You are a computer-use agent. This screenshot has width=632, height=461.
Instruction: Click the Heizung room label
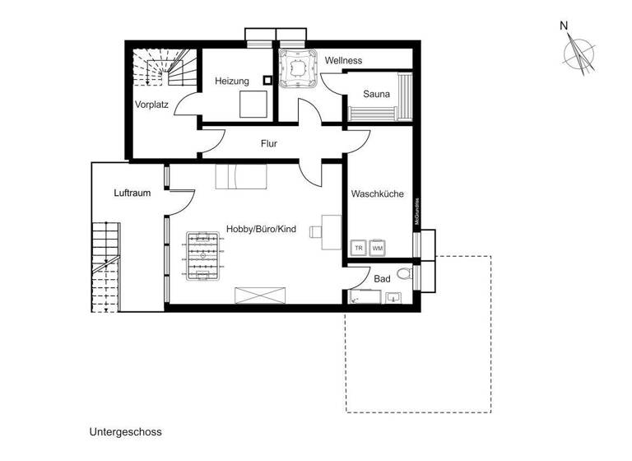tap(231, 81)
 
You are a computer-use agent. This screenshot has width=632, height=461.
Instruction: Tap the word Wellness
tap(343, 61)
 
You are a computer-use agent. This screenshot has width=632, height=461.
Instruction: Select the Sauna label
tap(376, 94)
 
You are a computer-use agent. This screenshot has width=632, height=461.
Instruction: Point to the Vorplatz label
tap(152, 105)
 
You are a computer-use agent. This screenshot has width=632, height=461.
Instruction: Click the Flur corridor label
tap(268, 143)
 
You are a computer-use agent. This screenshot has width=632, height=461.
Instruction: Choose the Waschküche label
tap(376, 194)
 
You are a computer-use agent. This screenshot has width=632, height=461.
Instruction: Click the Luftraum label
tap(132, 193)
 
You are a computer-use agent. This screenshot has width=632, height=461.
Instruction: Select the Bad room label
tap(382, 279)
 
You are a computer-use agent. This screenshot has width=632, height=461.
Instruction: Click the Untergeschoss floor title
tap(125, 431)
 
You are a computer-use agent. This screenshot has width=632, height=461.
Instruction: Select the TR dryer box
tap(359, 247)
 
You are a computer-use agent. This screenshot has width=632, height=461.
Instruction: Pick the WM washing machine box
tap(378, 247)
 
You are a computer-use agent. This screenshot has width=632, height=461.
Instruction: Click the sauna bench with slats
tap(403, 96)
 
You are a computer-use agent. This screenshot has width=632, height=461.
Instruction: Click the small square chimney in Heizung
tap(267, 81)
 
